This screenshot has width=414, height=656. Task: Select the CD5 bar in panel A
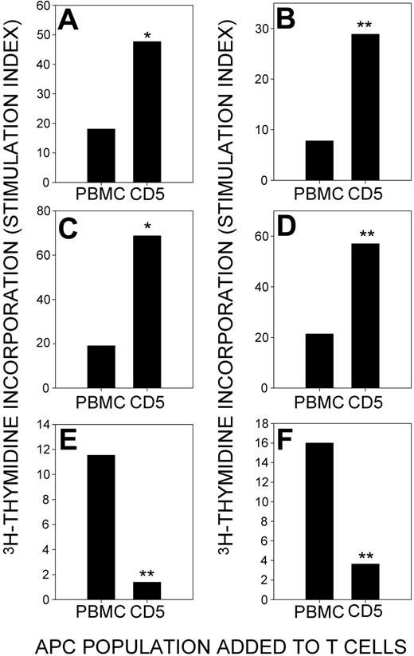pos(146,111)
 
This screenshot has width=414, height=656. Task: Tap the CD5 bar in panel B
pos(365,107)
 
